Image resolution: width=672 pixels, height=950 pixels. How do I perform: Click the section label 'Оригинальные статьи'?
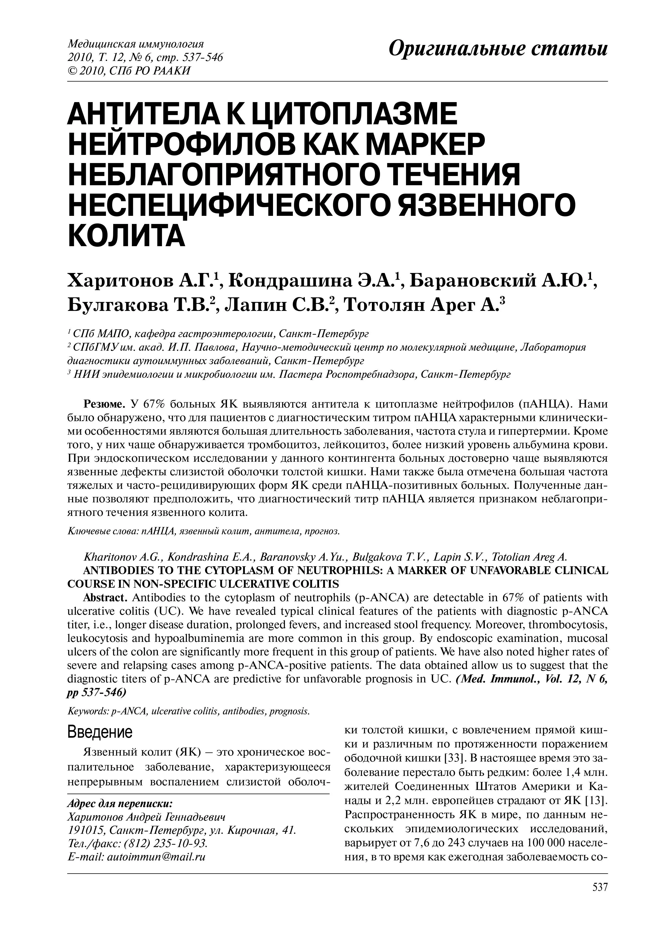coord(498,50)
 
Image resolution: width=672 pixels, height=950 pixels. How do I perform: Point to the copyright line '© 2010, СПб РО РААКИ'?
coord(129,71)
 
